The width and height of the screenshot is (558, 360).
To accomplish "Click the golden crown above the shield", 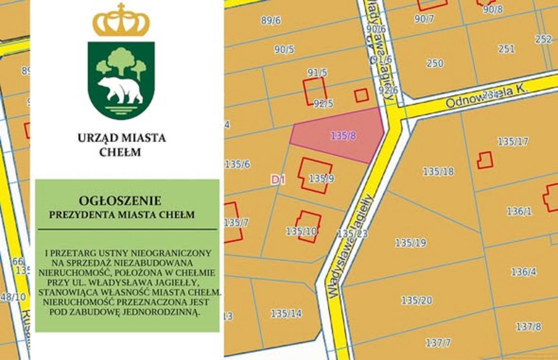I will pyautogui.click(x=121, y=21).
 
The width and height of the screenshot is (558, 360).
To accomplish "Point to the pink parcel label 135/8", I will pyautogui.click(x=343, y=136).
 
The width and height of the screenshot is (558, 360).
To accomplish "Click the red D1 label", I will pyautogui.click(x=278, y=180).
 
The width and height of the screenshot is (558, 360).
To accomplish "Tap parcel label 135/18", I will pyautogui.click(x=438, y=171).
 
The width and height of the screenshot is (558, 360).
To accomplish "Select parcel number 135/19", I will pyautogui.click(x=410, y=243).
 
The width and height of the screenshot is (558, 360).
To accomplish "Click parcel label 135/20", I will pyautogui.click(x=417, y=300).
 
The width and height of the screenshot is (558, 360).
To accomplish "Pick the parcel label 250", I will pyautogui.click(x=435, y=63).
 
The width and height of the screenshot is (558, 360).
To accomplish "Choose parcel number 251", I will pyautogui.click(x=506, y=49).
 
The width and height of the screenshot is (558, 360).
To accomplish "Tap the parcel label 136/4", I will pyautogui.click(x=523, y=272).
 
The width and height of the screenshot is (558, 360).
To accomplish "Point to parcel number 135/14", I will pyautogui.click(x=286, y=314).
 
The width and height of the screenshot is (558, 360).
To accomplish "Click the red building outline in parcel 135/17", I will pyautogui.click(x=485, y=160).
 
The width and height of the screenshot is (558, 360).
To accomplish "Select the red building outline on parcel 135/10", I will pyautogui.click(x=308, y=226).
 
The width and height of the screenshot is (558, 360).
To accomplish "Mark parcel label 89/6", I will pyautogui.click(x=271, y=21).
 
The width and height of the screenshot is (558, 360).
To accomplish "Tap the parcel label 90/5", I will pyautogui.click(x=284, y=49).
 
